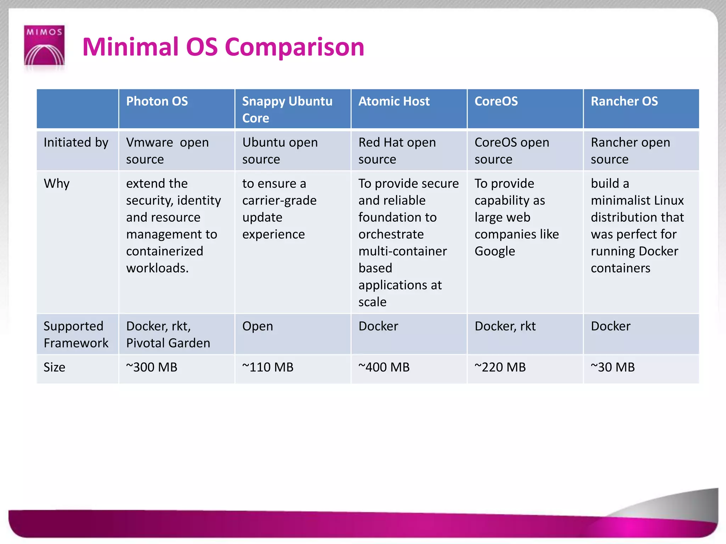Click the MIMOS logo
coord(44,46)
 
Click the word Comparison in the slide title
coord(294,47)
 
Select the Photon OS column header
coord(157,102)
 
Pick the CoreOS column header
coord(496,102)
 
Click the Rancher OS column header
coord(624,102)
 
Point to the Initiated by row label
coord(76,143)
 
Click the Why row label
coord(57,184)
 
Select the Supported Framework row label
coord(76,334)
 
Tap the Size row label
coord(54,367)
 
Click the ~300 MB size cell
coord(152,367)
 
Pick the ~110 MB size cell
coord(268,367)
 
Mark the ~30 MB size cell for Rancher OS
coord(613,367)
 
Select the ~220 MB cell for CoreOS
coord(500,367)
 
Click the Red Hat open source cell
coord(397,151)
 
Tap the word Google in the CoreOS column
coord(495,251)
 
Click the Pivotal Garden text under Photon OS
coord(168,343)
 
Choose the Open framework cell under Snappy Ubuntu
coord(258,326)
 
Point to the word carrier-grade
coord(279,201)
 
